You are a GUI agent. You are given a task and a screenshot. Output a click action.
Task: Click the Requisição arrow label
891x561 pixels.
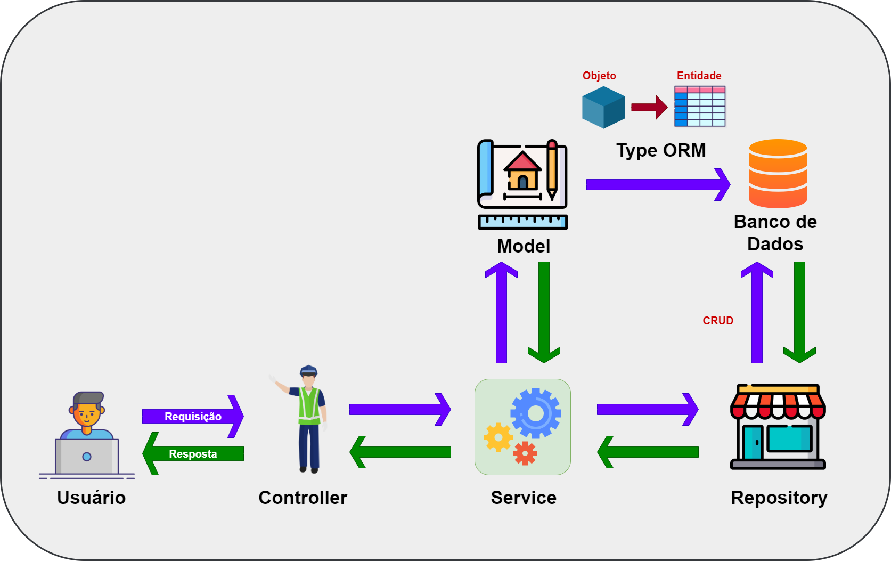pyautogui.click(x=193, y=417)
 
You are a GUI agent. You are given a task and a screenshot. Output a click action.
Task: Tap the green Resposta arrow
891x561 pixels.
pyautogui.click(x=193, y=454)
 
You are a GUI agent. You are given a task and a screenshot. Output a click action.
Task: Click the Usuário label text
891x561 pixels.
pyautogui.click(x=91, y=498)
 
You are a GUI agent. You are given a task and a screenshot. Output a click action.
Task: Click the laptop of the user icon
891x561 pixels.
pyautogui.click(x=87, y=457)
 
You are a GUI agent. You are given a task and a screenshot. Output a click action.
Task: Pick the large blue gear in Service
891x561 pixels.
pyautogui.click(x=535, y=413)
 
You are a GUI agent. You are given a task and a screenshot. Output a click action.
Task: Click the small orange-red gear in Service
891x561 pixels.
pyautogui.click(x=525, y=453)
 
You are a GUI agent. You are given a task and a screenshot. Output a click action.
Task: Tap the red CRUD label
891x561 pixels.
pyautogui.click(x=718, y=321)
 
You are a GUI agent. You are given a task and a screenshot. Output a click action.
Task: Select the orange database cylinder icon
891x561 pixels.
pyautogui.click(x=778, y=173)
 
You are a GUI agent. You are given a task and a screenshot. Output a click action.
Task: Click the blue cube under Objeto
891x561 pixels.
pyautogui.click(x=603, y=108)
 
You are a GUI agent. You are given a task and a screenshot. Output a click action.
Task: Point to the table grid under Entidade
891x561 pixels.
pyautogui.click(x=700, y=107)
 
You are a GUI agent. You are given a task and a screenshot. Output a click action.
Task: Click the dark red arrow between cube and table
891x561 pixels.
pyautogui.click(x=649, y=108)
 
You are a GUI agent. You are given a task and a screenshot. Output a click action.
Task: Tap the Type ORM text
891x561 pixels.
pyautogui.click(x=661, y=150)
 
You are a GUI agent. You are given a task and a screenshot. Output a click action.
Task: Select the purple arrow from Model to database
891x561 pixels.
pyautogui.click(x=658, y=185)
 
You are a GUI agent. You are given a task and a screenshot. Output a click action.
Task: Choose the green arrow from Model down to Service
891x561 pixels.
pyautogui.click(x=544, y=312)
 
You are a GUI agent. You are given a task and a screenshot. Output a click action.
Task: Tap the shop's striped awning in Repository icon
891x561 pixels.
pyautogui.click(x=778, y=404)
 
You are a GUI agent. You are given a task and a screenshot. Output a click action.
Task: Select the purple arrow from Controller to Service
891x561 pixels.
pyautogui.click(x=399, y=409)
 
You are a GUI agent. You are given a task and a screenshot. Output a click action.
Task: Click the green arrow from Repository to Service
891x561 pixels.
pyautogui.click(x=647, y=452)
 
